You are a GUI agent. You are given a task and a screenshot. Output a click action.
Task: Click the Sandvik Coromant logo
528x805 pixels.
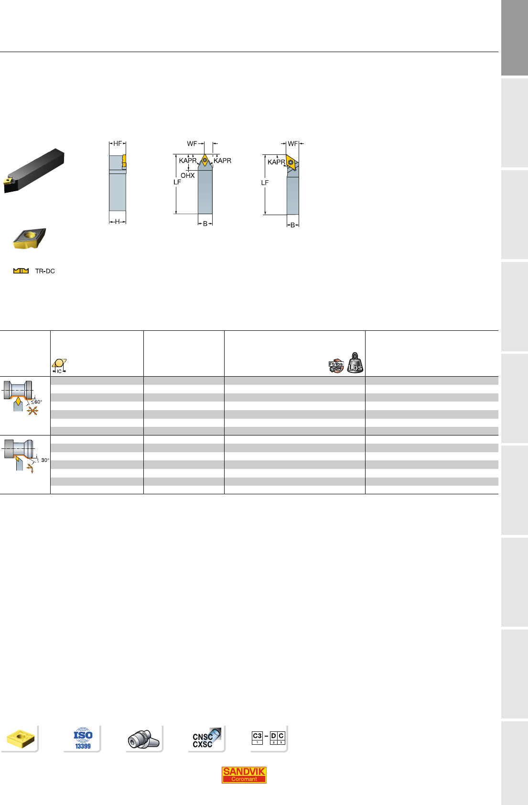click(244, 774)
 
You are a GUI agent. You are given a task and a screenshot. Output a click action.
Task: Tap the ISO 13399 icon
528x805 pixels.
click(83, 738)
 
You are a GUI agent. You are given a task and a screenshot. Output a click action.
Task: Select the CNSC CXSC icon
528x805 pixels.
click(206, 738)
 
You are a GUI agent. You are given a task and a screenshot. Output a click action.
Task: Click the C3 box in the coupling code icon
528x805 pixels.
click(257, 738)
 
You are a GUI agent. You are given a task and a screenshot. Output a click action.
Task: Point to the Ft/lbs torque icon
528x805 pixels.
click(336, 366)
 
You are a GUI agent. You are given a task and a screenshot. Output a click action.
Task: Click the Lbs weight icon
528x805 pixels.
click(355, 363)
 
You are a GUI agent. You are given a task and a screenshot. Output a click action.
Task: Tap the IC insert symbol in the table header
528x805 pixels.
click(59, 366)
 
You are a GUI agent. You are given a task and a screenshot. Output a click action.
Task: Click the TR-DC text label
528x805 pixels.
click(45, 271)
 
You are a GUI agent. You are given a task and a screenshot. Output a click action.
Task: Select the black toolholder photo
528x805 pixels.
click(34, 170)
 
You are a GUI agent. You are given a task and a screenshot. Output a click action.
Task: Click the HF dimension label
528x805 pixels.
click(118, 144)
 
